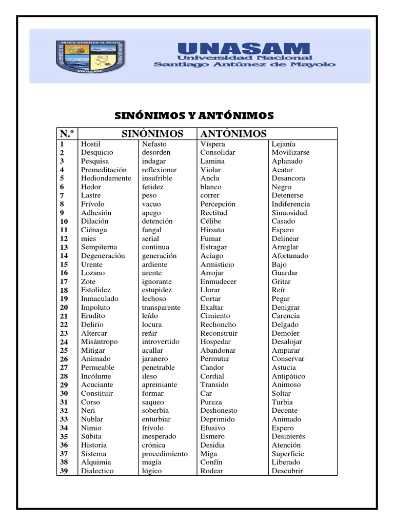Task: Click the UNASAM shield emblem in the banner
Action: (x=89, y=56)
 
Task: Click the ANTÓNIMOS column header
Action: (x=233, y=134)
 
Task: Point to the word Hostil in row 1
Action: (x=91, y=144)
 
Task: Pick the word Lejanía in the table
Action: (x=283, y=144)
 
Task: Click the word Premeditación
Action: (x=104, y=170)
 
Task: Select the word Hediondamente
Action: (x=106, y=178)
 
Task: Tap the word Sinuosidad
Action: (x=289, y=213)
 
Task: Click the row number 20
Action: (x=64, y=308)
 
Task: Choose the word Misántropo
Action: (x=99, y=342)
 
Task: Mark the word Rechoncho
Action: (x=218, y=325)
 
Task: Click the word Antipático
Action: (x=288, y=376)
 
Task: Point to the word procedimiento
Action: (x=165, y=454)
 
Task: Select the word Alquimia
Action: (x=95, y=462)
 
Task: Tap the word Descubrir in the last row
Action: (x=287, y=471)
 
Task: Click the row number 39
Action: (x=64, y=471)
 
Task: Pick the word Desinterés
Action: (x=288, y=436)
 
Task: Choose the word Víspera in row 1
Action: (x=212, y=144)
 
